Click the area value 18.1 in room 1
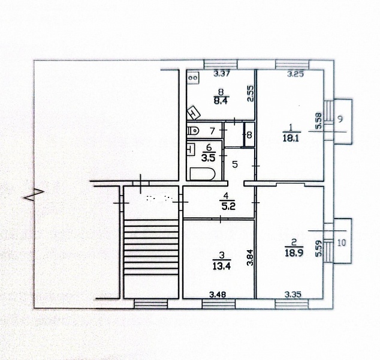[291, 138]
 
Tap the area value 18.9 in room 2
[294, 253]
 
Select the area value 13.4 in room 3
[222, 266]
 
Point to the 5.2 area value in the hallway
[228, 206]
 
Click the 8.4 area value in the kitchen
[221, 100]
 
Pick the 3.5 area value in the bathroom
[208, 158]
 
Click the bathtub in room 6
[203, 174]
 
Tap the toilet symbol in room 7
[193, 131]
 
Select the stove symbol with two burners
[193, 78]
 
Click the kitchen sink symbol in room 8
[194, 113]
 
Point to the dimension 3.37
[222, 73]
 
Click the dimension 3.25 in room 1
[295, 74]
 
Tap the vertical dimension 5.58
[319, 121]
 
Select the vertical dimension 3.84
[251, 257]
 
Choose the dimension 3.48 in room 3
[218, 295]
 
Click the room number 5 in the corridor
[235, 164]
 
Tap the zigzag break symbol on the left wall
[34, 194]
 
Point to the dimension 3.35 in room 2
[293, 295]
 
